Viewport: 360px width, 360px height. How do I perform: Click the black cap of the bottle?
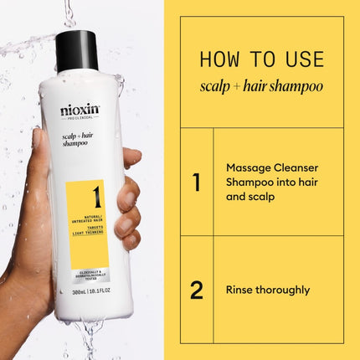77,49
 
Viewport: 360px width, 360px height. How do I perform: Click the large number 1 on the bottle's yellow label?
96,198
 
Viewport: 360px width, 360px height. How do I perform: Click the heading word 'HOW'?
220,59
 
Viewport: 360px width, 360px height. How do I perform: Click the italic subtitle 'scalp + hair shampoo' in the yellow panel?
261,85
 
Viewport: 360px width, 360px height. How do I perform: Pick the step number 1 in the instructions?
196,182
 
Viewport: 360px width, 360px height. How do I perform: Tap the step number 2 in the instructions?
196,290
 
